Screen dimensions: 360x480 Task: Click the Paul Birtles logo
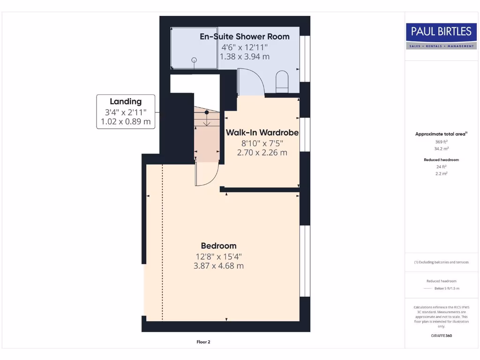point(441,36)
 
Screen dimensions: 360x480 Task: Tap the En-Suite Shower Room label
point(244,37)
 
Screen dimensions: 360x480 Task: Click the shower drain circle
point(193,60)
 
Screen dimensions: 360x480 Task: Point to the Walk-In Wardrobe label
point(262,133)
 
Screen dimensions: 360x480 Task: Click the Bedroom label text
point(218,246)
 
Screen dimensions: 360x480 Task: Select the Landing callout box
point(126,112)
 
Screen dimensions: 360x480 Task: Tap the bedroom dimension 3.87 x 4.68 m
point(218,266)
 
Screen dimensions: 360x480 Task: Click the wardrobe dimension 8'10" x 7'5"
point(262,143)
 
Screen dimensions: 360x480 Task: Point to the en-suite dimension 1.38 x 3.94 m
point(244,57)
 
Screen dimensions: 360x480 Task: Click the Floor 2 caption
point(203,342)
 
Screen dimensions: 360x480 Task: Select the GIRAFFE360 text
point(441,336)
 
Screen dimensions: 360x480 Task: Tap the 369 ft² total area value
point(441,141)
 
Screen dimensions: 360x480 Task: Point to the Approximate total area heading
point(441,134)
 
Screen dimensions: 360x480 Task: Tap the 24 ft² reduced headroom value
point(441,166)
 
